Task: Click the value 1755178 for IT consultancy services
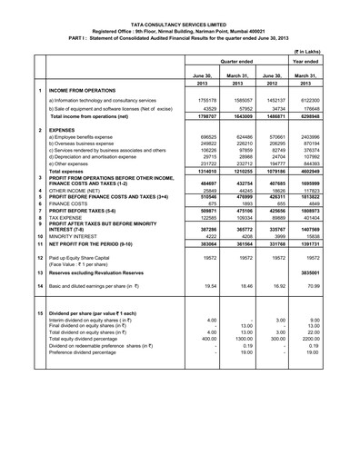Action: pyautogui.click(x=205, y=102)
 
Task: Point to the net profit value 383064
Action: pyautogui.click(x=205, y=244)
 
